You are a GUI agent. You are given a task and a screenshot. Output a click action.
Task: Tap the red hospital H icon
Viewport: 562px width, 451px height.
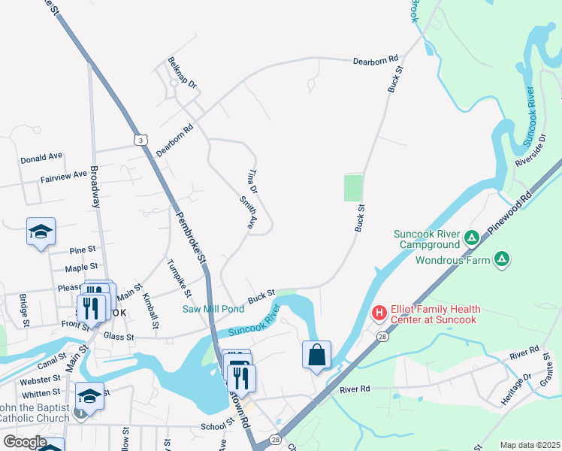click(x=379, y=311)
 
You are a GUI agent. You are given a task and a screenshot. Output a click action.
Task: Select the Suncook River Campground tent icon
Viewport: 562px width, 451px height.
click(x=472, y=239)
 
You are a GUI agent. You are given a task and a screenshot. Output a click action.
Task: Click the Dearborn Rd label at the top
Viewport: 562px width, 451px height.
click(x=375, y=59)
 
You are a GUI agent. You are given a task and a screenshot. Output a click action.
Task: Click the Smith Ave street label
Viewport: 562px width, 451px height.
click(x=248, y=213)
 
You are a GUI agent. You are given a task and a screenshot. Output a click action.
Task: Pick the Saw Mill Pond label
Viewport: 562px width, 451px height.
click(x=213, y=309)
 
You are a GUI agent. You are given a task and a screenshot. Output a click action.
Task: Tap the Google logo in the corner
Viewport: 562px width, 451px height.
click(x=25, y=442)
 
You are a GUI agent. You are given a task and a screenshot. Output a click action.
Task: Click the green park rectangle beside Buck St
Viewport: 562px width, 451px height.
click(x=353, y=188)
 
